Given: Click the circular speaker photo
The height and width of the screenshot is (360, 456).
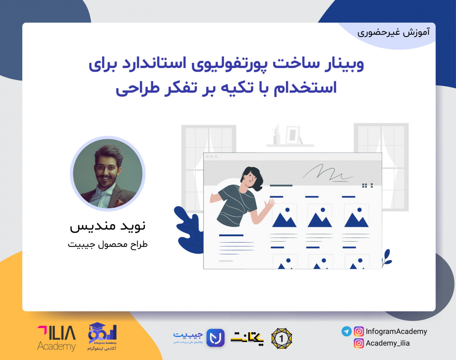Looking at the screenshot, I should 108,174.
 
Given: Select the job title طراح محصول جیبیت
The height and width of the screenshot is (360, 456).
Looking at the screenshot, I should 108,244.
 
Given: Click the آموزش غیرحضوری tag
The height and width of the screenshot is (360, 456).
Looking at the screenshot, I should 394,32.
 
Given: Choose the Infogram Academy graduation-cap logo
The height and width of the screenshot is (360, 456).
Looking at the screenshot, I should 102,336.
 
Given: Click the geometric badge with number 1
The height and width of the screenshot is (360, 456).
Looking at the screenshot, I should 282,338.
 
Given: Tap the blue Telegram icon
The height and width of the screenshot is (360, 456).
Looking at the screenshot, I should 346,332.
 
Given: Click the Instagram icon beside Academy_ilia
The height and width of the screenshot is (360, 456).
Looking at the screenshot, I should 358,343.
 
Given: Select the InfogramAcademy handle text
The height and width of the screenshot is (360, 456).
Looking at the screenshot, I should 396,332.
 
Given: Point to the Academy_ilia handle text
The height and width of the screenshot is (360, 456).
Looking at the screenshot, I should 388,343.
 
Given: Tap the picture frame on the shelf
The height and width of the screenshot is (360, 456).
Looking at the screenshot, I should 293,135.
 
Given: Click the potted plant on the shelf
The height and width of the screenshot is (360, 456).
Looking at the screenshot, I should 276,135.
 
